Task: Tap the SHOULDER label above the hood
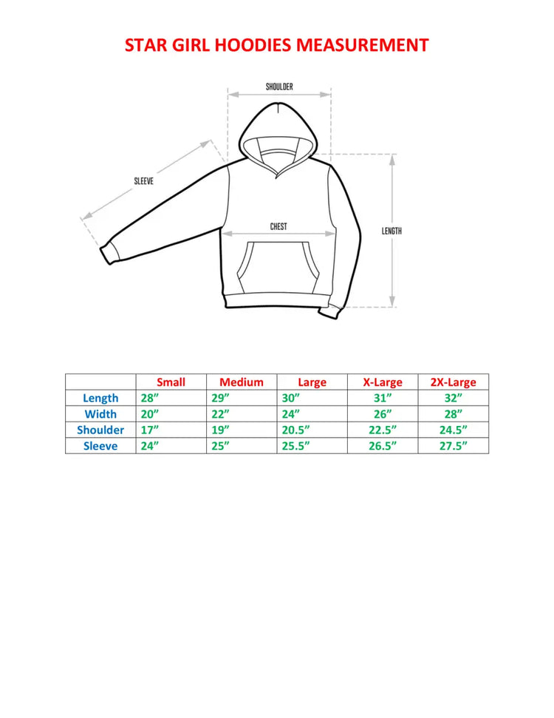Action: (x=279, y=87)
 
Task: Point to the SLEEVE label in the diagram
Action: (x=143, y=181)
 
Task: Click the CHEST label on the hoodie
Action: (x=278, y=227)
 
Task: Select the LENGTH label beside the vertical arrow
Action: (x=391, y=231)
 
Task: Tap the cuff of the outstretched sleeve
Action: (x=110, y=252)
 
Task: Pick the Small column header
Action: (x=171, y=382)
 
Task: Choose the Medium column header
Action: (x=242, y=382)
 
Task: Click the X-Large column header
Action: (x=383, y=382)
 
